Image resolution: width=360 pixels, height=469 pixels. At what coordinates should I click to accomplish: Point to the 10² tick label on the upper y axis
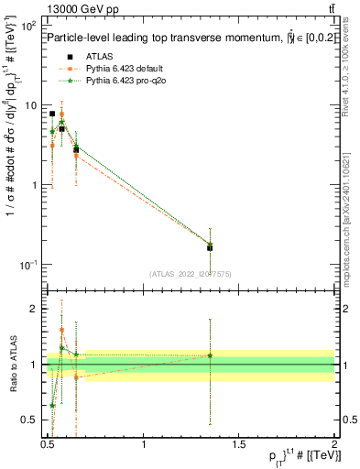pyautogui.click(x=28, y=27)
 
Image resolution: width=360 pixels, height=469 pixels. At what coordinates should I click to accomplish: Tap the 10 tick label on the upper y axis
pyautogui.click(x=30, y=105)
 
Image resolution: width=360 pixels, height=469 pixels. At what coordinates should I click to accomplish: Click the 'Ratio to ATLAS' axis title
pyautogui.click(x=13, y=365)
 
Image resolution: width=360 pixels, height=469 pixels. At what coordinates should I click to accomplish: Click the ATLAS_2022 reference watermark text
pyautogui.click(x=191, y=274)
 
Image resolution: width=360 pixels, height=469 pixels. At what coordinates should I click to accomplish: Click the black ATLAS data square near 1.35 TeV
pyautogui.click(x=210, y=247)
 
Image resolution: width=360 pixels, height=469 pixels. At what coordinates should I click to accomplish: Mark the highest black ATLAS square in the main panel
pyautogui.click(x=52, y=115)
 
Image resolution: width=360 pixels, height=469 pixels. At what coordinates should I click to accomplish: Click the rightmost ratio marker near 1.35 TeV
pyautogui.click(x=210, y=355)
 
